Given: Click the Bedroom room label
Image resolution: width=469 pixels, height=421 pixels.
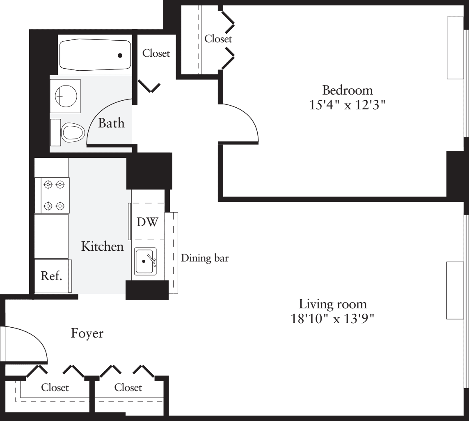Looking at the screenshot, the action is [347, 90].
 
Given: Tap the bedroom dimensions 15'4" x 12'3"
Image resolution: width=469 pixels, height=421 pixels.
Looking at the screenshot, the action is [347, 105].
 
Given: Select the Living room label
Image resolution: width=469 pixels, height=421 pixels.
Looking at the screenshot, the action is [333, 304].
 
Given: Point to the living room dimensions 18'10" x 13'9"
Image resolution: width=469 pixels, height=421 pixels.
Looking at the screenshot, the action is [332, 319].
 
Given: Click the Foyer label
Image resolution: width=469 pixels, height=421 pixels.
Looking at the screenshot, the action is [87, 333].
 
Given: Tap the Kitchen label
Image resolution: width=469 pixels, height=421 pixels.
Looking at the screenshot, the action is [102, 246].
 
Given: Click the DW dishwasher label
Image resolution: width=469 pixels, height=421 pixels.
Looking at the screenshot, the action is [147, 222].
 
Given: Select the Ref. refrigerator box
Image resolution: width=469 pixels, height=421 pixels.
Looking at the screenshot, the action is [53, 276].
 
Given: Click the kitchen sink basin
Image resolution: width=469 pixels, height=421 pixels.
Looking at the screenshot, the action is [145, 261].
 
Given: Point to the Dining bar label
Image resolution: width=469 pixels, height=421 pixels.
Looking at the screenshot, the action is [205, 258].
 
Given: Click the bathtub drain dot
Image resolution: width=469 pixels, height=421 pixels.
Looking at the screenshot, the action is [120, 56].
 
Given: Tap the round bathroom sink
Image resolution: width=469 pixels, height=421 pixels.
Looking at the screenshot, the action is [66, 96].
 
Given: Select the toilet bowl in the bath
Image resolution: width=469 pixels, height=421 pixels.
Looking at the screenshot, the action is [72, 132].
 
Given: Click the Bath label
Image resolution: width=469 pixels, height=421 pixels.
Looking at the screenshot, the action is [111, 123].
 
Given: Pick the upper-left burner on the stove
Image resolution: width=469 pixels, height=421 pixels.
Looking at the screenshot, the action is [48, 185].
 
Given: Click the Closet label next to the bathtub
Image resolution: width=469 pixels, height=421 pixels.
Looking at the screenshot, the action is [156, 53].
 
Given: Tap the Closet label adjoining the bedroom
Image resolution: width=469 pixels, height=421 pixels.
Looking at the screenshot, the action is [218, 39].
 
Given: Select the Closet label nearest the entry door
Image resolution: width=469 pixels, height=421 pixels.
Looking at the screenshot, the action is [55, 387].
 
